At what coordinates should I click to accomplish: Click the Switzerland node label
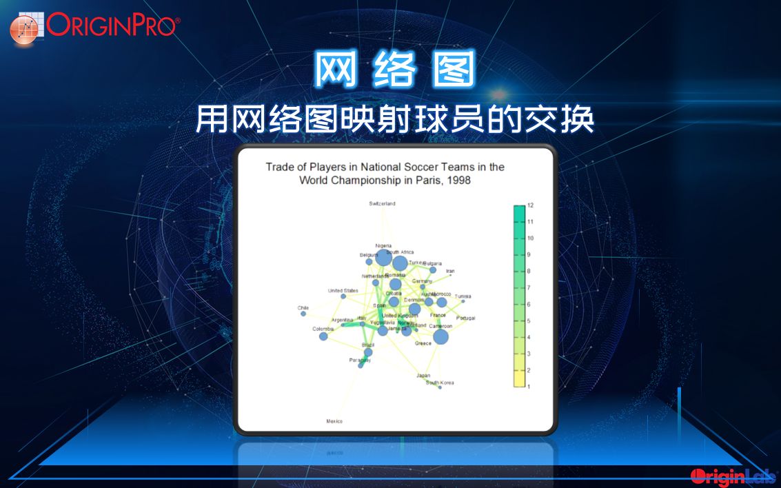point(382,204)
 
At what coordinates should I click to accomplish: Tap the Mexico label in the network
point(334,421)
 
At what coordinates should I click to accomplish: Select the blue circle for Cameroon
point(440,337)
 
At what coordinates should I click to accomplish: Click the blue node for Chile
point(303,314)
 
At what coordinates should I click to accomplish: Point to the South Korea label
point(440,383)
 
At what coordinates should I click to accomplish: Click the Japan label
point(423,376)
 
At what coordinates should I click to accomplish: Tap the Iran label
point(450,271)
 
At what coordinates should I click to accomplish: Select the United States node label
point(343,291)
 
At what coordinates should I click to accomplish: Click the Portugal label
point(466,318)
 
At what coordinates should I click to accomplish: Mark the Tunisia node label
point(463,296)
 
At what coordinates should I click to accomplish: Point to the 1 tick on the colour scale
point(530,387)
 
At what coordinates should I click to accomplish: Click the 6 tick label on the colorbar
point(530,305)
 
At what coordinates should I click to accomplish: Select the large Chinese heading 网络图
point(395,70)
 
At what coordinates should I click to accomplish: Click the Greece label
point(423,343)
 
